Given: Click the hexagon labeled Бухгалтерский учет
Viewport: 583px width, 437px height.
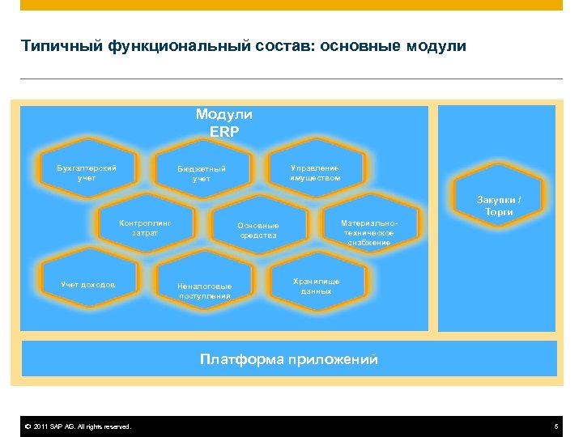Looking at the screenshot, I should [x=87, y=172].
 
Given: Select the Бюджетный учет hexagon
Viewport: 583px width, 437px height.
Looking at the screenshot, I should [x=202, y=173].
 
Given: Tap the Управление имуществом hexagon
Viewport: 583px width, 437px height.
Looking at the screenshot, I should [x=316, y=172].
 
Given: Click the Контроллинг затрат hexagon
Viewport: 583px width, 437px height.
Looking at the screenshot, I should [x=145, y=227].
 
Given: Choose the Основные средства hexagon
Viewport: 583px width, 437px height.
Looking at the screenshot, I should [x=258, y=231].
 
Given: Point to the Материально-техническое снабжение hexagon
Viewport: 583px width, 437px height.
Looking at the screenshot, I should [x=368, y=231].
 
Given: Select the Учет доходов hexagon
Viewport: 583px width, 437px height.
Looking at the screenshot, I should [x=87, y=284].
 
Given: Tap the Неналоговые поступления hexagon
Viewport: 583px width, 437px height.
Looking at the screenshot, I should [x=204, y=290].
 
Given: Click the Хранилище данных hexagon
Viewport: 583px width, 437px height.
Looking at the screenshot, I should [x=317, y=286].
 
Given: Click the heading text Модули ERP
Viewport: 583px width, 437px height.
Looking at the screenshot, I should [x=224, y=123].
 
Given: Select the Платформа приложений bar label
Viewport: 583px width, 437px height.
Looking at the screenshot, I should [x=289, y=359].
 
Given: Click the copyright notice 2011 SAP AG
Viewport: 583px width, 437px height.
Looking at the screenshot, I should [x=78, y=426].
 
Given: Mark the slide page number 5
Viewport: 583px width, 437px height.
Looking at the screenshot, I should [x=556, y=426].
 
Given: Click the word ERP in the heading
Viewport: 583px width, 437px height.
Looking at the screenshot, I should [x=224, y=132].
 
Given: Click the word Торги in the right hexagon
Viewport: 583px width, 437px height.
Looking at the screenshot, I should [x=499, y=212].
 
